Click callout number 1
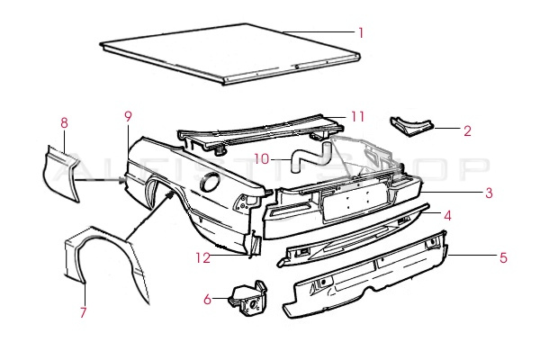click(360, 32)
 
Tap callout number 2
click(467, 130)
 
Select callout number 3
click(489, 192)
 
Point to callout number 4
click(445, 215)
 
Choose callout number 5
click(503, 257)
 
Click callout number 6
click(207, 299)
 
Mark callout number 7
click(83, 312)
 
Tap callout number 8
click(64, 122)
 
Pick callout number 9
click(128, 116)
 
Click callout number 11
click(357, 116)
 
